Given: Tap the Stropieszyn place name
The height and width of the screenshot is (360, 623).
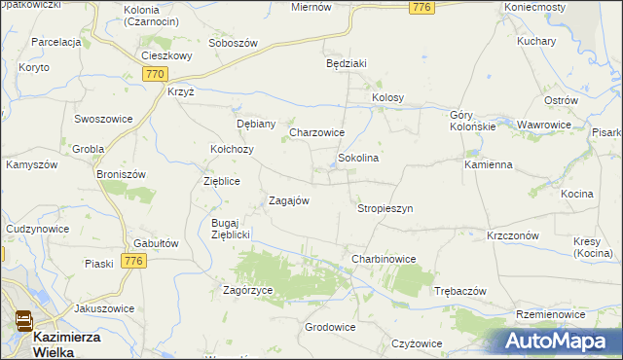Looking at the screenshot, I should coord(385,208).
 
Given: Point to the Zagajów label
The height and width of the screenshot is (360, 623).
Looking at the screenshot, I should coord(289,201).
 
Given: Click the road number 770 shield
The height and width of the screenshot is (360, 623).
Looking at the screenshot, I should coord(154,74).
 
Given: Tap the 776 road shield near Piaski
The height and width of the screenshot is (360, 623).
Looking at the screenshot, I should coord(133,261).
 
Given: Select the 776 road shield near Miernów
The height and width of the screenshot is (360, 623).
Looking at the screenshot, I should coord(421,8).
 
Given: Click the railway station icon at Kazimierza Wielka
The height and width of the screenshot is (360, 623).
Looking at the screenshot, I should coord(22,320).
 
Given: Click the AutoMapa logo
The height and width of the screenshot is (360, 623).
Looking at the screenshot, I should coord(562,341).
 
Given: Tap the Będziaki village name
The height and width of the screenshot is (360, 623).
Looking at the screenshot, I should coord(346,63).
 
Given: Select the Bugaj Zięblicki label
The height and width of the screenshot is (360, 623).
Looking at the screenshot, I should coord(232,229).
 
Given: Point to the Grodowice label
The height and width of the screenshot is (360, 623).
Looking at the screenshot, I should coord(329,327).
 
